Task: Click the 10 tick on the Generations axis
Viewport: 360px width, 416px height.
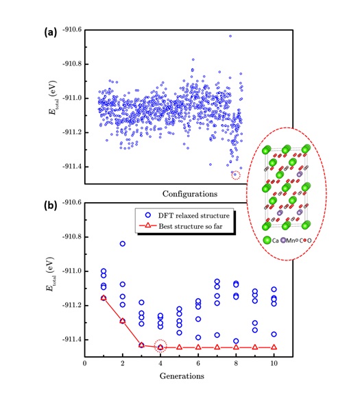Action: click(274, 363)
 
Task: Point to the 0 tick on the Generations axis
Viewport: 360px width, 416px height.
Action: click(84, 363)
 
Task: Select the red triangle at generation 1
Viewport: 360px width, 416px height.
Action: click(104, 297)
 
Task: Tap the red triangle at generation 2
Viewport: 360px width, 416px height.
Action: click(123, 321)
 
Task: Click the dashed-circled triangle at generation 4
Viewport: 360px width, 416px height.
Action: click(160, 347)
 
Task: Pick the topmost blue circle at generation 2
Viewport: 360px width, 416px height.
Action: click(123, 243)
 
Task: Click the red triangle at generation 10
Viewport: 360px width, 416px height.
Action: click(274, 347)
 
